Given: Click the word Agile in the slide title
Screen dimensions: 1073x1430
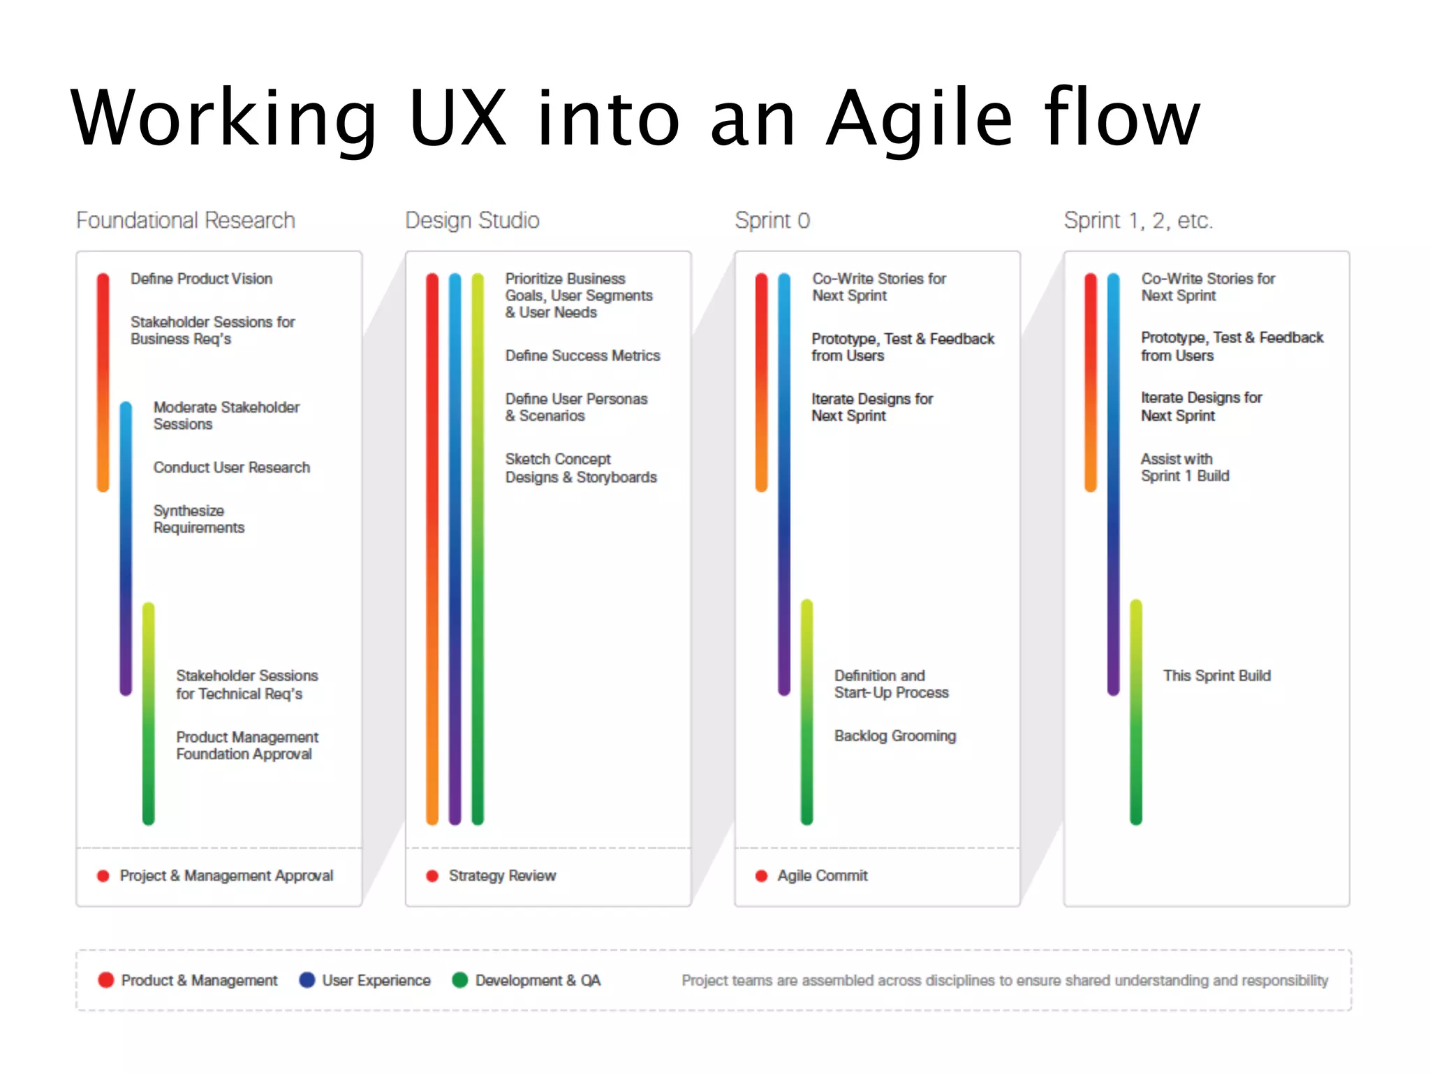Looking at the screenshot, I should pyautogui.click(x=919, y=119).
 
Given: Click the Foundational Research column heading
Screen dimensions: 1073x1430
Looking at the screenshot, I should pyautogui.click(x=185, y=221).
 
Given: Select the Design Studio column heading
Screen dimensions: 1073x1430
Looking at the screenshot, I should pyautogui.click(x=472, y=221).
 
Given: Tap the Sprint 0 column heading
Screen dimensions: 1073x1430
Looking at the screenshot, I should pyautogui.click(x=772, y=221).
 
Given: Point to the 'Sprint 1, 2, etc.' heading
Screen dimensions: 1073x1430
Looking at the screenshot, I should pyautogui.click(x=1138, y=221).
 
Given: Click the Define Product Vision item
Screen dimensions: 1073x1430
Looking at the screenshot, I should pyautogui.click(x=201, y=279).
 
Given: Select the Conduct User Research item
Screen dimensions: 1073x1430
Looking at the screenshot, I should pyautogui.click(x=231, y=467).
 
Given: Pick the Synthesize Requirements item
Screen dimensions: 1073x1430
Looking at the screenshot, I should pyautogui.click(x=199, y=519).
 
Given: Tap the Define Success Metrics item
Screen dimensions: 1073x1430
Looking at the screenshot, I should pyautogui.click(x=582, y=356).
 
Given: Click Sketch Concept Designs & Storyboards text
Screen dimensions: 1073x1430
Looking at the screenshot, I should pyautogui.click(x=581, y=468).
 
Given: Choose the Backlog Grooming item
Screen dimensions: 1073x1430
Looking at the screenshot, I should pyautogui.click(x=894, y=736).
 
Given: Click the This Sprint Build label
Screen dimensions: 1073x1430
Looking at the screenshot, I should pyautogui.click(x=1216, y=676).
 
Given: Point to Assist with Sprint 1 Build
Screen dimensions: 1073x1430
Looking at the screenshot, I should pyautogui.click(x=1185, y=467).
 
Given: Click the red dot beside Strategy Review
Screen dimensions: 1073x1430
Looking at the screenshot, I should pyautogui.click(x=432, y=876).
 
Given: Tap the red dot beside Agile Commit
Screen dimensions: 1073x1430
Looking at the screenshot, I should pyautogui.click(x=761, y=876).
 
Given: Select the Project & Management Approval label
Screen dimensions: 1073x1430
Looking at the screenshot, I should pyautogui.click(x=226, y=876).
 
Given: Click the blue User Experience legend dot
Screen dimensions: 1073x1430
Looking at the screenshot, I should pyautogui.click(x=307, y=980).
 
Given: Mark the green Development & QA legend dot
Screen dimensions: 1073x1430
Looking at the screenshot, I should pyautogui.click(x=459, y=980).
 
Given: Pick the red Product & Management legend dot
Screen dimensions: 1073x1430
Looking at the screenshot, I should pyautogui.click(x=106, y=980).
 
